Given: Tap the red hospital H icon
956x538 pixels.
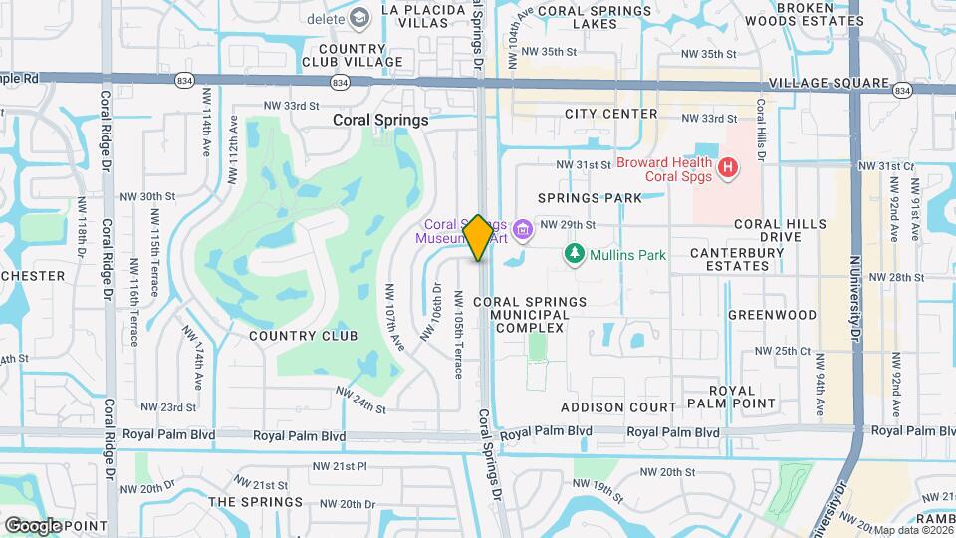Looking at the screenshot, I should (x=727, y=167).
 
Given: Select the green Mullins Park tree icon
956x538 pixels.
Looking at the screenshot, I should (x=575, y=255).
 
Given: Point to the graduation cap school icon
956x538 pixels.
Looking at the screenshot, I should (x=359, y=17).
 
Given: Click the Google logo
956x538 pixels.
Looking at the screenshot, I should (x=33, y=526).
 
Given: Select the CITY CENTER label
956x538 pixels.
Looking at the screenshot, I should (x=611, y=114).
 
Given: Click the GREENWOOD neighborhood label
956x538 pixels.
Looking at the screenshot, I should (x=772, y=315).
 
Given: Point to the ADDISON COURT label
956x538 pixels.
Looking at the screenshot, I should (x=618, y=407).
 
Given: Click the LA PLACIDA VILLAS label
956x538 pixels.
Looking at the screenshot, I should (x=417, y=17).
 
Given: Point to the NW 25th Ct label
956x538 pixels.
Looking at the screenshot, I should (x=784, y=351).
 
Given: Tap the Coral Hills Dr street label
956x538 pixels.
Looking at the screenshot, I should (x=762, y=130).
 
